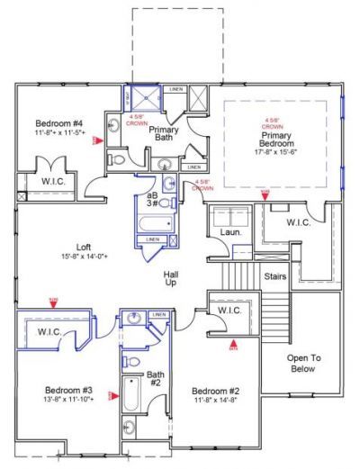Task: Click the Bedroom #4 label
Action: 59,122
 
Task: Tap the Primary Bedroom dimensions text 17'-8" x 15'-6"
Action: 277,152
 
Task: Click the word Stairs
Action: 274,276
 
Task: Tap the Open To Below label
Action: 304,363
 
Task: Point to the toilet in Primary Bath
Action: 117,158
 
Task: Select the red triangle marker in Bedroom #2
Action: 234,342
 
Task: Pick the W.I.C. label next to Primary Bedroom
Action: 299,222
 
